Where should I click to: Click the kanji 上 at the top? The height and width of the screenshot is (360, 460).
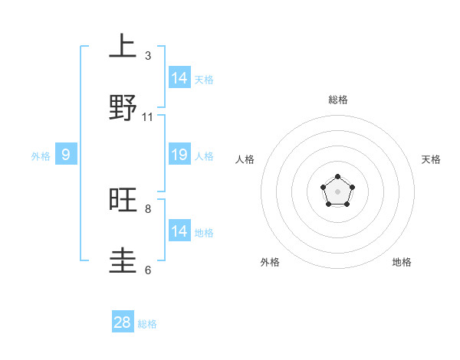coord(123,46)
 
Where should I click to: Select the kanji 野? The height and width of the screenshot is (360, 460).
coord(123,107)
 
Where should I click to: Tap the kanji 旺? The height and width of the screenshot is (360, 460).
coord(123,201)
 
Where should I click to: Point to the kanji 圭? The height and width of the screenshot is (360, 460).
coord(123,261)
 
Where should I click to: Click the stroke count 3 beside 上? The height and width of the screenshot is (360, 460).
coord(148,56)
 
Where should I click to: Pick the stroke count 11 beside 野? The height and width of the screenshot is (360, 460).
coord(148,117)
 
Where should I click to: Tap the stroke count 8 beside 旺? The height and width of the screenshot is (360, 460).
coord(148,208)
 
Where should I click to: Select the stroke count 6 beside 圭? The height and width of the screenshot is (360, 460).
coord(148,270)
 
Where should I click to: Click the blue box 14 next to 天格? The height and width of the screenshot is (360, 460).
coord(179,78)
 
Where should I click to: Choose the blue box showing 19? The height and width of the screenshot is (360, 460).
coord(179,155)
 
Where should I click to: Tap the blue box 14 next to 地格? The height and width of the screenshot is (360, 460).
coord(179,231)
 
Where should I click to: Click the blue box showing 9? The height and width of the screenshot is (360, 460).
coord(66,155)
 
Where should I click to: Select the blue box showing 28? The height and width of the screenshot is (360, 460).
coord(123,322)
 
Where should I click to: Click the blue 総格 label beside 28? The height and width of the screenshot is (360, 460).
coord(147,324)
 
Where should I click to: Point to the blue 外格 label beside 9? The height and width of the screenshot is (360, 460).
coord(41,156)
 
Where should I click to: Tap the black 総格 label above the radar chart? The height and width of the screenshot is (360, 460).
coord(337,100)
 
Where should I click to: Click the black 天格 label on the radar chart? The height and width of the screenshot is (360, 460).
coord(431,159)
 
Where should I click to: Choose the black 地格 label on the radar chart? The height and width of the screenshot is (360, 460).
coord(402,262)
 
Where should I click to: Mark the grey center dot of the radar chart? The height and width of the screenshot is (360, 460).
coord(337,191)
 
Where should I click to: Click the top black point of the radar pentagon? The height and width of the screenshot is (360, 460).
coord(337,177)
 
